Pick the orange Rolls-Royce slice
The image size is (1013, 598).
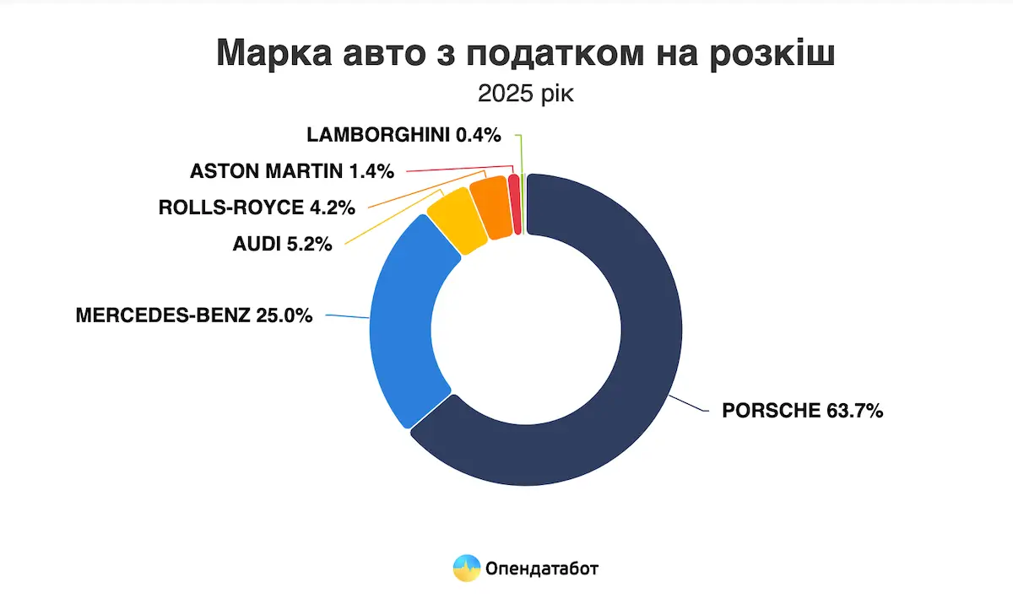coord(491,207)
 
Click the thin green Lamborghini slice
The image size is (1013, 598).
coord(523,202)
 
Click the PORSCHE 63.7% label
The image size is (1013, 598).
coord(802,412)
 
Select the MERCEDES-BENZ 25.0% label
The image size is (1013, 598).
coord(194,315)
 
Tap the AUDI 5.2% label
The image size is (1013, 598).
coord(282,245)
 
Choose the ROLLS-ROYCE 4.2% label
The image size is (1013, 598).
coord(257,207)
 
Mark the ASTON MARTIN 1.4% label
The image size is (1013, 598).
coord(292,171)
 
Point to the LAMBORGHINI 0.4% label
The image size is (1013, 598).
coord(404,134)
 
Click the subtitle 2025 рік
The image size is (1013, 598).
coord(525,93)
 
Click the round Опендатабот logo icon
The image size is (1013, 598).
coord(466,568)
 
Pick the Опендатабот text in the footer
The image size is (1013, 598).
coord(542,568)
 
